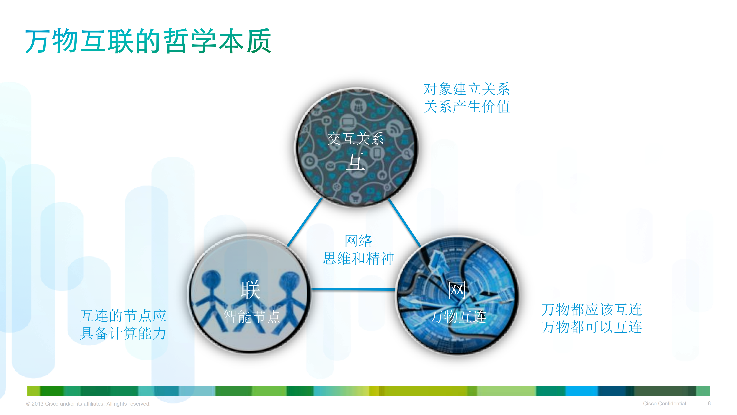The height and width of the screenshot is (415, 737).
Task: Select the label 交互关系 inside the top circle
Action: click(355, 138)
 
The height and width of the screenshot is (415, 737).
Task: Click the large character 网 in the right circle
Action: click(457, 290)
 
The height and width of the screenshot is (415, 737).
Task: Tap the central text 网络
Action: click(358, 241)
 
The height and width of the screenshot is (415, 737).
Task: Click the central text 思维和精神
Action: click(358, 258)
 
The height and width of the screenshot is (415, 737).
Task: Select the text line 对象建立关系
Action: click(466, 89)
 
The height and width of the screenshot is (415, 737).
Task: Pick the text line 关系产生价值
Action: click(466, 106)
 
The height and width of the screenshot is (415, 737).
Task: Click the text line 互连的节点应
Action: click(123, 316)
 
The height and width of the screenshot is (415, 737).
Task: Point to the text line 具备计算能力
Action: click(123, 333)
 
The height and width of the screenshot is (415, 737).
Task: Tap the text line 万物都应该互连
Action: click(592, 310)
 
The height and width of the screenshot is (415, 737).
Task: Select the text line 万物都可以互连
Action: click(592, 327)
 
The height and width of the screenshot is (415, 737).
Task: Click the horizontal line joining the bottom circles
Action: click(353, 289)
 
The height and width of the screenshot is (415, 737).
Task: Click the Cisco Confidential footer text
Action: click(664, 403)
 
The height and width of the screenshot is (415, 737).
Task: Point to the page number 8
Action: click(709, 403)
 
